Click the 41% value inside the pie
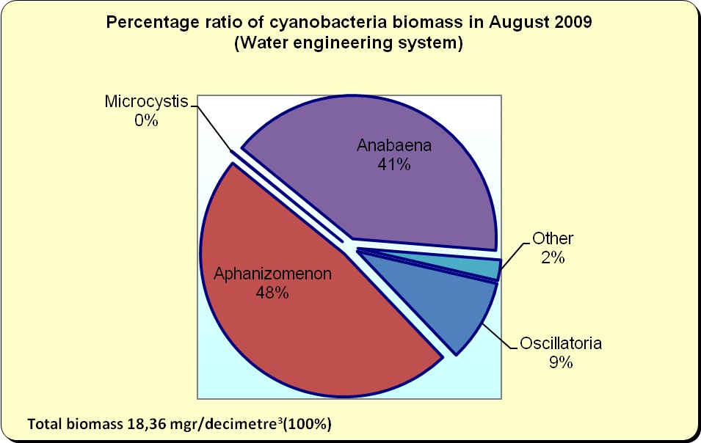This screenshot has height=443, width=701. [x=394, y=165]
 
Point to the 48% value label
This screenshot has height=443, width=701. [x=272, y=293]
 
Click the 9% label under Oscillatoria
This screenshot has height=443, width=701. [x=561, y=362]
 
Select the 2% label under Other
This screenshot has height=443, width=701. [x=553, y=257]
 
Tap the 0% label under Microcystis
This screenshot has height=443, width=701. [x=146, y=120]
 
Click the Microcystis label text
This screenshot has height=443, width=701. [x=146, y=101]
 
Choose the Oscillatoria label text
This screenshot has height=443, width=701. [x=561, y=343]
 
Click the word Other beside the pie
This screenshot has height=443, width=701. [x=553, y=238]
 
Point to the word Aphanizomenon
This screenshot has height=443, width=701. [x=272, y=274]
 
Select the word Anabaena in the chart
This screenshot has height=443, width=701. [x=394, y=145]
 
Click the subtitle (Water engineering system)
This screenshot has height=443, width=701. [x=349, y=43]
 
